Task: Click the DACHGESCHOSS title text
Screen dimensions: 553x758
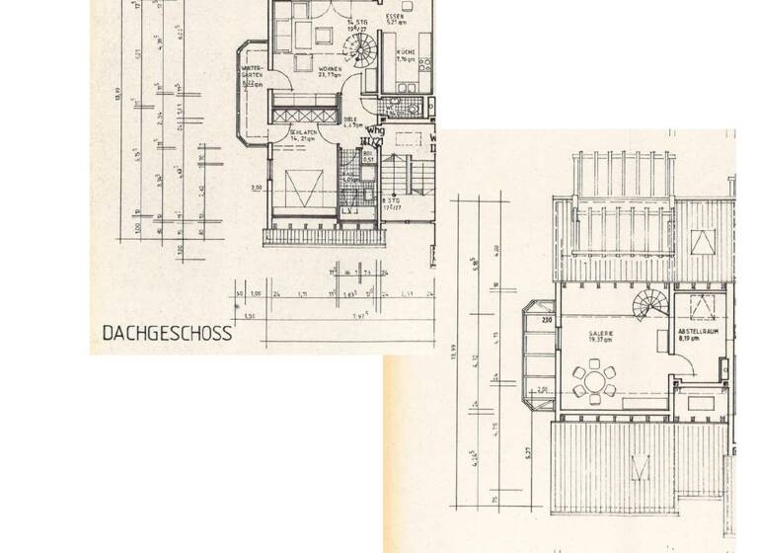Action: tap(168, 333)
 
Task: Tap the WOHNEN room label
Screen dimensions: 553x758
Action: tap(330, 69)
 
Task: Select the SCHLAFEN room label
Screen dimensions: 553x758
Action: tap(303, 131)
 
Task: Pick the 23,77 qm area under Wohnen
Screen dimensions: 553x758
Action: tap(329, 76)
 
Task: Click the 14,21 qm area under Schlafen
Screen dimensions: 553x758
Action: tap(302, 139)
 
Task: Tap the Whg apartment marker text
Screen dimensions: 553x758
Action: tap(374, 130)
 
